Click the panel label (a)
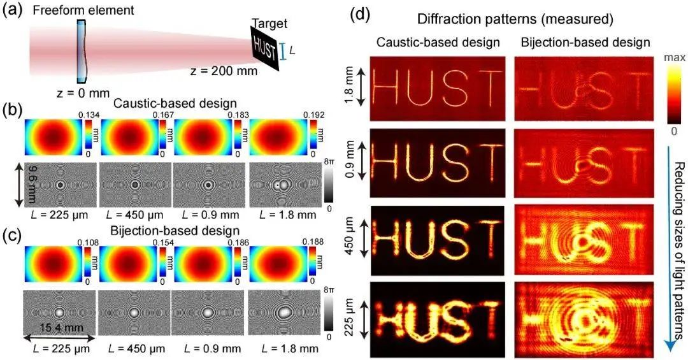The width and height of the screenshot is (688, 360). pos(13,12)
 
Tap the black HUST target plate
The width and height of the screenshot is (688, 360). pos(265,48)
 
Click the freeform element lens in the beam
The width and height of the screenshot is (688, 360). pos(82,51)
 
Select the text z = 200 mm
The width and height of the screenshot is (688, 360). pos(224,71)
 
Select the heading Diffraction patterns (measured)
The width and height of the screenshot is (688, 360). pos(507,20)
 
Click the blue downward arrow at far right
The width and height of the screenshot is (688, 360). pos(666,255)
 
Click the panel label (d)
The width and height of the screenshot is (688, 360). pos(360,13)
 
